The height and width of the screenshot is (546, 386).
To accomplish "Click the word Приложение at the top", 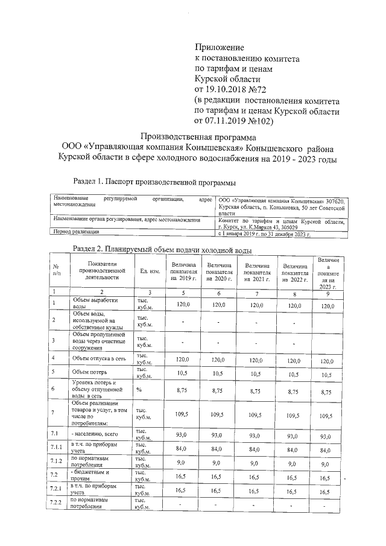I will tap(218, 47).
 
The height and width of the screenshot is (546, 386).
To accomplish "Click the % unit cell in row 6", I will tap(139, 391).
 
